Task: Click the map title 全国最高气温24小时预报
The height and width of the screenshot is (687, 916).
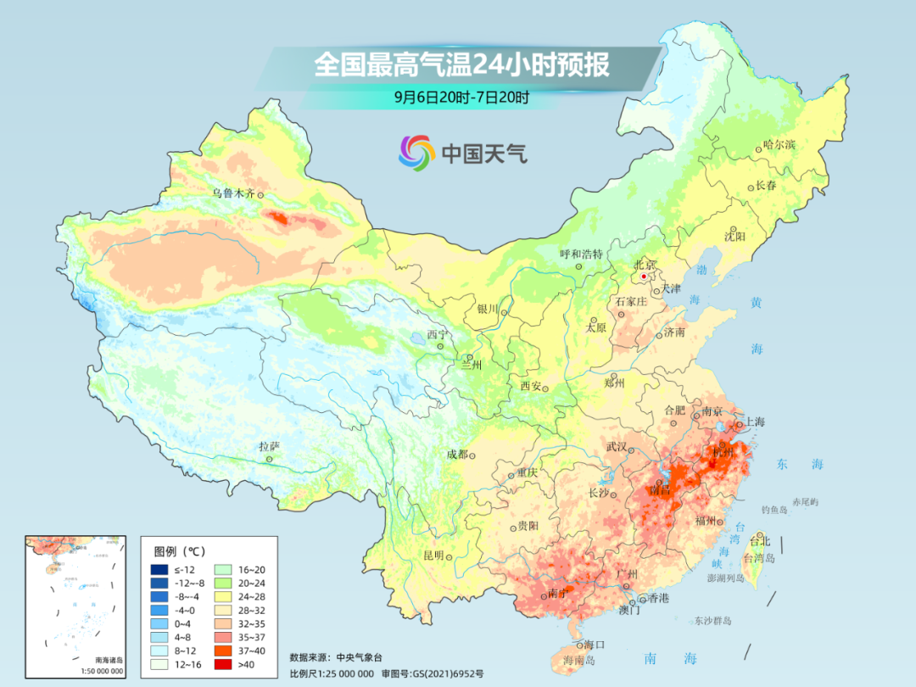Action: click(x=461, y=65)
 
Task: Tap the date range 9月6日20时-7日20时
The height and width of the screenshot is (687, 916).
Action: click(x=461, y=97)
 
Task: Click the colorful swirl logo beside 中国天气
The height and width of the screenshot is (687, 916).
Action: click(x=416, y=153)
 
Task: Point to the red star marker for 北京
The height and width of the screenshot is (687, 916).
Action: click(x=644, y=276)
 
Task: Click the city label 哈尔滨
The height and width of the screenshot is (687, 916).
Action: click(x=779, y=145)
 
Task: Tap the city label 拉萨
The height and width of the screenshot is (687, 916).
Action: click(x=269, y=446)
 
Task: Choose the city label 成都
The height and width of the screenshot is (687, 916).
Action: click(x=456, y=455)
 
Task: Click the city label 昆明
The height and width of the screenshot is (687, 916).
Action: click(x=433, y=556)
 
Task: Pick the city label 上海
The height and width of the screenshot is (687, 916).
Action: click(x=754, y=422)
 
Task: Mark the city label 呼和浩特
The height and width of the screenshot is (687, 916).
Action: click(x=581, y=254)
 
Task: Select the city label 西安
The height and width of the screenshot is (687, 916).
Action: click(x=531, y=386)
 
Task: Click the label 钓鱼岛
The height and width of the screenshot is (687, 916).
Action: click(x=775, y=509)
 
